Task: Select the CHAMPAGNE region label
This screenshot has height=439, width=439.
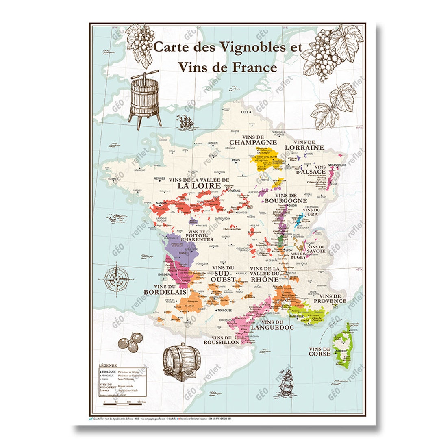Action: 253,143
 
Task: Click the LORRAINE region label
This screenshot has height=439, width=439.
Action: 304,148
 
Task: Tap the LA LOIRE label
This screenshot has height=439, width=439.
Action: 198,185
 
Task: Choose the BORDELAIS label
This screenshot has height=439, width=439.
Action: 165,292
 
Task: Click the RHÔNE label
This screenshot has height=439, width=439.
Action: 265,279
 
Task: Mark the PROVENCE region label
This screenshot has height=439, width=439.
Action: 333,301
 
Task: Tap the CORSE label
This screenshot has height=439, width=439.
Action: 320,354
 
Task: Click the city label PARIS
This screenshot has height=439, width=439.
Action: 236,160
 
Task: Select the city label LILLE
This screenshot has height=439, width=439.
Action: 245,112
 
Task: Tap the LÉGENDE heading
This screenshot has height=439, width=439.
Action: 108,366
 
